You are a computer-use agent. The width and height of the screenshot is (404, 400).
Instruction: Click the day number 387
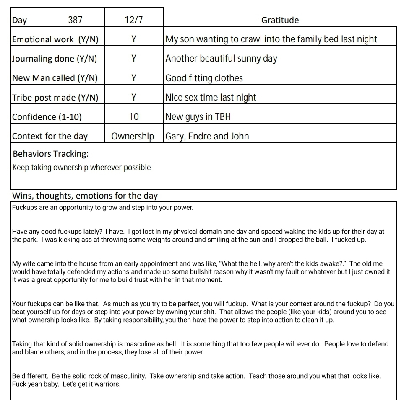[x=75, y=20]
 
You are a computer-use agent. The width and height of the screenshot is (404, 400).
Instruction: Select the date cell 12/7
[x=133, y=20]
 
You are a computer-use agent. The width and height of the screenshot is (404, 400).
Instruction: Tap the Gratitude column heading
[x=280, y=20]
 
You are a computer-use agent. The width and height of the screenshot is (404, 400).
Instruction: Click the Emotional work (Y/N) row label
[x=55, y=39]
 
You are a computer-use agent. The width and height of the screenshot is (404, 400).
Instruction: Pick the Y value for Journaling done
[x=133, y=59]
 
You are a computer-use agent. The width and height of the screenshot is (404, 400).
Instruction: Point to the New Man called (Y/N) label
[x=55, y=78]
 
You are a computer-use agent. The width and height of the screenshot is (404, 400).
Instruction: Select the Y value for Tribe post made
[x=133, y=98]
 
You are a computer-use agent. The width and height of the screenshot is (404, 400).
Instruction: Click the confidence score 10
[x=133, y=117]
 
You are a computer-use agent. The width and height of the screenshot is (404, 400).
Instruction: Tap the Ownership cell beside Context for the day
[x=133, y=136]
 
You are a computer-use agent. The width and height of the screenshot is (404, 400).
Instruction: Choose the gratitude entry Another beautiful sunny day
[x=221, y=59]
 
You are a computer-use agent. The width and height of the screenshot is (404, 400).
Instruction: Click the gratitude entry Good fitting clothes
[x=204, y=78]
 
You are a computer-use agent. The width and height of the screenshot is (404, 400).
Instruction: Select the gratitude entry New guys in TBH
[x=198, y=117]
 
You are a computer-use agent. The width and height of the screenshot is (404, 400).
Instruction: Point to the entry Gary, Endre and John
[x=207, y=136]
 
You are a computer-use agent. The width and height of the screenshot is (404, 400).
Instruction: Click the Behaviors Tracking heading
[x=51, y=154]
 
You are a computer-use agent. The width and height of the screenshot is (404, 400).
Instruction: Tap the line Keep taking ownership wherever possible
[x=81, y=168]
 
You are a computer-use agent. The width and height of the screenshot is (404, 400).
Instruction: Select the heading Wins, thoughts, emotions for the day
[x=85, y=196]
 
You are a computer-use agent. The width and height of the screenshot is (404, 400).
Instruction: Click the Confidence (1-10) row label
[x=47, y=117]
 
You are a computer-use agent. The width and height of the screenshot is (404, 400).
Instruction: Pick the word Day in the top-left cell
[x=19, y=20]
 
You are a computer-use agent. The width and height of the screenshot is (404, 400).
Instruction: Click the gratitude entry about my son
[x=271, y=39]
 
